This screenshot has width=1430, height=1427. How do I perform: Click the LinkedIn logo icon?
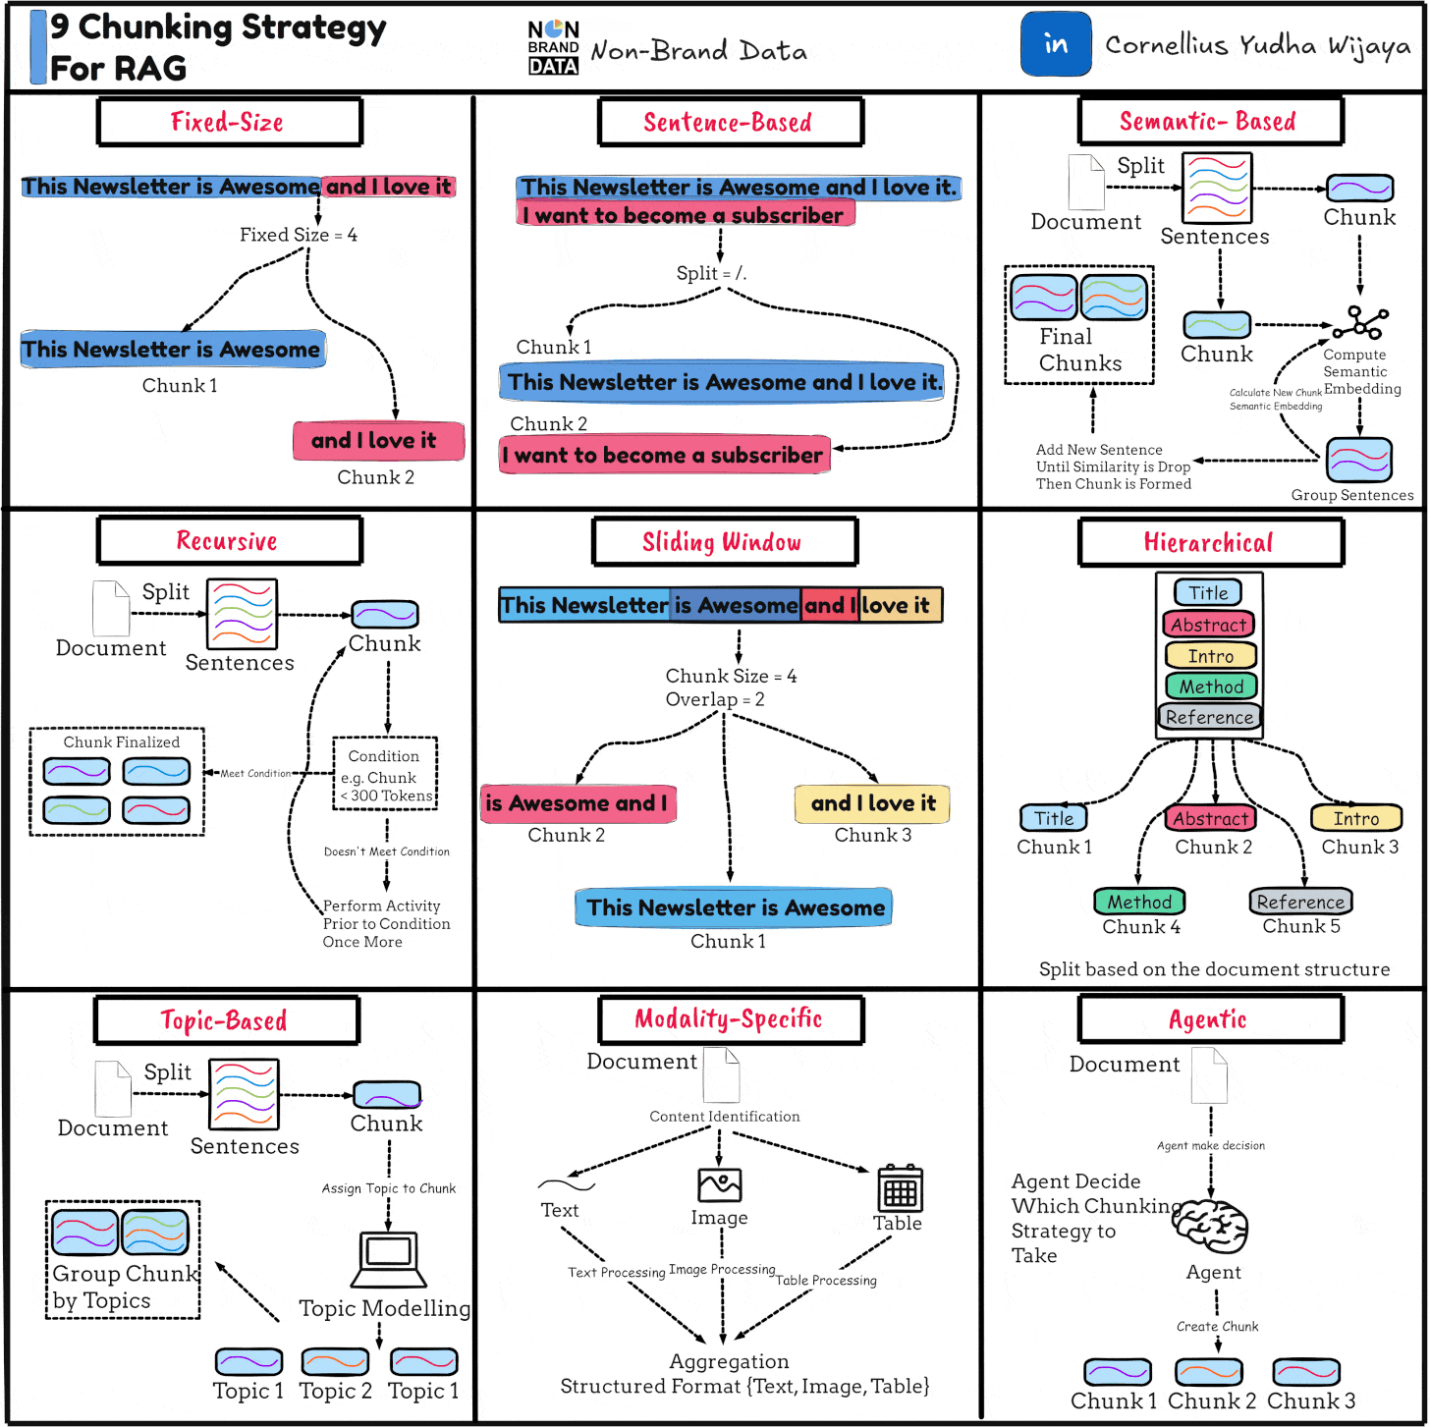click(1056, 44)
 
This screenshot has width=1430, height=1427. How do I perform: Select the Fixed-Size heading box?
click(229, 122)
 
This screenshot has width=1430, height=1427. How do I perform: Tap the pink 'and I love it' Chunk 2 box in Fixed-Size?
click(378, 440)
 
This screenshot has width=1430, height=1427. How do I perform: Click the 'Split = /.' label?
click(711, 273)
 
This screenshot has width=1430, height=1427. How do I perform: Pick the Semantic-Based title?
click(1209, 122)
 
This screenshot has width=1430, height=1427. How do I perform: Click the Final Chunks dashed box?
click(1078, 324)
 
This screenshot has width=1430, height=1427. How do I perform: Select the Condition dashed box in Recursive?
click(385, 774)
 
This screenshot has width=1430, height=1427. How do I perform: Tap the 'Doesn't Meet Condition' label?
click(387, 851)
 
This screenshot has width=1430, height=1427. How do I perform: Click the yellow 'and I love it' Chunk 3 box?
click(872, 803)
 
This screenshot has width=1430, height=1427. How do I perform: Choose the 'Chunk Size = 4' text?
click(731, 676)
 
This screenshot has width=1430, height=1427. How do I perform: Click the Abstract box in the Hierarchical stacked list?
click(1209, 625)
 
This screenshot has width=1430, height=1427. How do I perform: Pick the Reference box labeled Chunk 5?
click(1300, 902)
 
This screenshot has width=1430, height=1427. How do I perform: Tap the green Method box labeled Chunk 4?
click(1139, 902)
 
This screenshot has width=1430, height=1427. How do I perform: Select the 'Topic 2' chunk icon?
click(335, 1361)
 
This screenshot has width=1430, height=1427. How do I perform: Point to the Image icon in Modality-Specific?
click(719, 1185)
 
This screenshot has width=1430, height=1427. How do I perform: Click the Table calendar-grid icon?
click(900, 1188)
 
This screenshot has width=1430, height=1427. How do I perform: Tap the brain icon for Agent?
click(1211, 1226)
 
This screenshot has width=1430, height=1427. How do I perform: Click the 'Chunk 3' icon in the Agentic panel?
click(1305, 1371)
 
